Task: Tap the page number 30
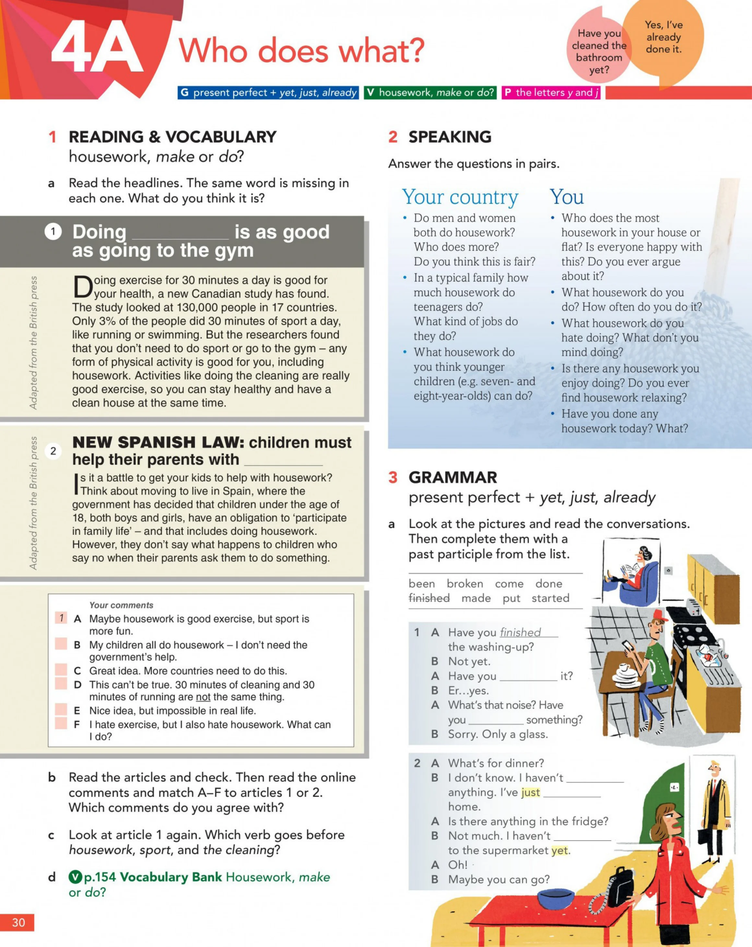18,922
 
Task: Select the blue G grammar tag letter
184,92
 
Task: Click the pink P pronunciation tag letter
508,92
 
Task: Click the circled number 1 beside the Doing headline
53,231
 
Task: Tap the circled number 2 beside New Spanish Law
53,451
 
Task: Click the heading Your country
460,197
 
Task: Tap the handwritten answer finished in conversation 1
520,632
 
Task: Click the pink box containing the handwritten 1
61,618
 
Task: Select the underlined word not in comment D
203,697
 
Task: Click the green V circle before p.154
76,877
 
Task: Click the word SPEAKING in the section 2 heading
450,137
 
